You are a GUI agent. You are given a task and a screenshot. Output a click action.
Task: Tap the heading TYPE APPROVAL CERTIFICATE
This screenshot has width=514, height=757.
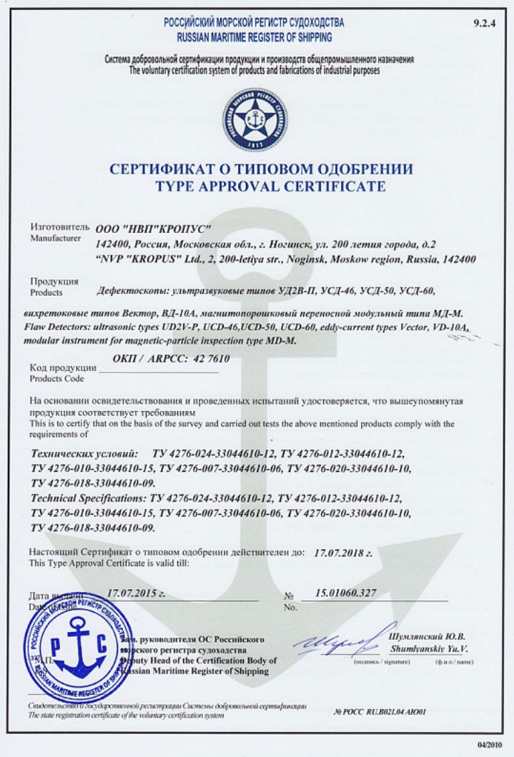click(x=260, y=187)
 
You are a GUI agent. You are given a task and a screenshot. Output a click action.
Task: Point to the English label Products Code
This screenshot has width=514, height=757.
click(x=57, y=378)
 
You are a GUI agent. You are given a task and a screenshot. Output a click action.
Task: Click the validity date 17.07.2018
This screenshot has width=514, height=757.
click(x=343, y=553)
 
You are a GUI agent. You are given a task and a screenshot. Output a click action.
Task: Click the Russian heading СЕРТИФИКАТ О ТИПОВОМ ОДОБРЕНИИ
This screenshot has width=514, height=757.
click(x=261, y=169)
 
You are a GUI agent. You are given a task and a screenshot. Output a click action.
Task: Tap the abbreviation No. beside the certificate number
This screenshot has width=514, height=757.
click(x=290, y=608)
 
